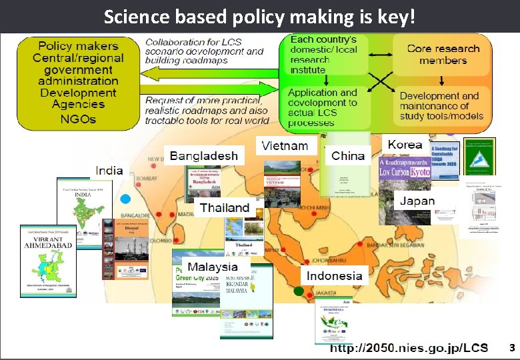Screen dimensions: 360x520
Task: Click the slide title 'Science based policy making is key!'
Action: coord(259,16)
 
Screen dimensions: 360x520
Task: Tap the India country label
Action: coord(109,170)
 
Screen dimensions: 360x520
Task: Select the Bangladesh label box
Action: coord(204,156)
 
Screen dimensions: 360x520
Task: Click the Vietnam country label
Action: coord(285,146)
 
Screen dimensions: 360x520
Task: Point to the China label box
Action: coord(348,156)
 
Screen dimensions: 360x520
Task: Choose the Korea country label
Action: coord(405,145)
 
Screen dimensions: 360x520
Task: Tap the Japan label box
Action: coord(417,201)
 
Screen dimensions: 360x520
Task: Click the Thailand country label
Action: coord(225,208)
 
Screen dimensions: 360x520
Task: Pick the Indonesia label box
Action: coord(335,275)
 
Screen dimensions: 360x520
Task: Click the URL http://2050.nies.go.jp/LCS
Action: coord(409,349)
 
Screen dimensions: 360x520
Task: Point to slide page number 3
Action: coord(511,348)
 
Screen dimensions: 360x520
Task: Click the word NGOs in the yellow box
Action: coord(77,119)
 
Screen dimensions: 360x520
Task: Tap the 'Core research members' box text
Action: coord(443,55)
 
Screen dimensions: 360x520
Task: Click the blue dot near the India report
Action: coord(125,199)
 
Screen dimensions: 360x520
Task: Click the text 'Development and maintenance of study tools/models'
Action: coord(440,106)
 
